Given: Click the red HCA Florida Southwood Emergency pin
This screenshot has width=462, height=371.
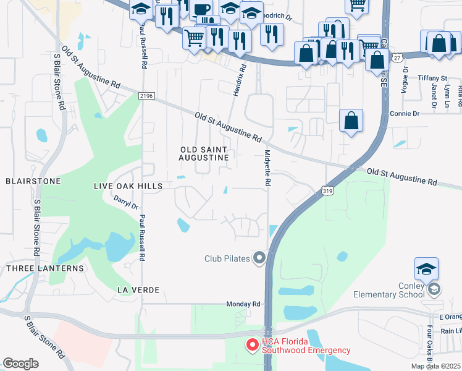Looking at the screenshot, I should [x=253, y=345].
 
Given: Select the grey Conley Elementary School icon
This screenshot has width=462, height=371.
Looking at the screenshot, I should [x=434, y=289].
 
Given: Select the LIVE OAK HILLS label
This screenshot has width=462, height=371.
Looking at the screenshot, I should [x=127, y=186].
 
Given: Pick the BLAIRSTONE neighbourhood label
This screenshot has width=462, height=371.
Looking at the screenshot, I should [x=33, y=181].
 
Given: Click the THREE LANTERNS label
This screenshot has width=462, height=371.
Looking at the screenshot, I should [x=44, y=268].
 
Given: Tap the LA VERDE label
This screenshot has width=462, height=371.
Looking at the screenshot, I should [x=138, y=289].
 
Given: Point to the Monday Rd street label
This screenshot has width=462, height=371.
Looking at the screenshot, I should [x=243, y=304].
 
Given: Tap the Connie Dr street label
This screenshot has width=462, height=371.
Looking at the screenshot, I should [x=405, y=114].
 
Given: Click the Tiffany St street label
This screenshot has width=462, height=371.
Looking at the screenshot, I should [x=432, y=79].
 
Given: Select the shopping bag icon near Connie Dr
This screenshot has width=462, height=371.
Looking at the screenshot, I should [x=351, y=121].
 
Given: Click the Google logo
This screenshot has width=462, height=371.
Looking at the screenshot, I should [x=20, y=364].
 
